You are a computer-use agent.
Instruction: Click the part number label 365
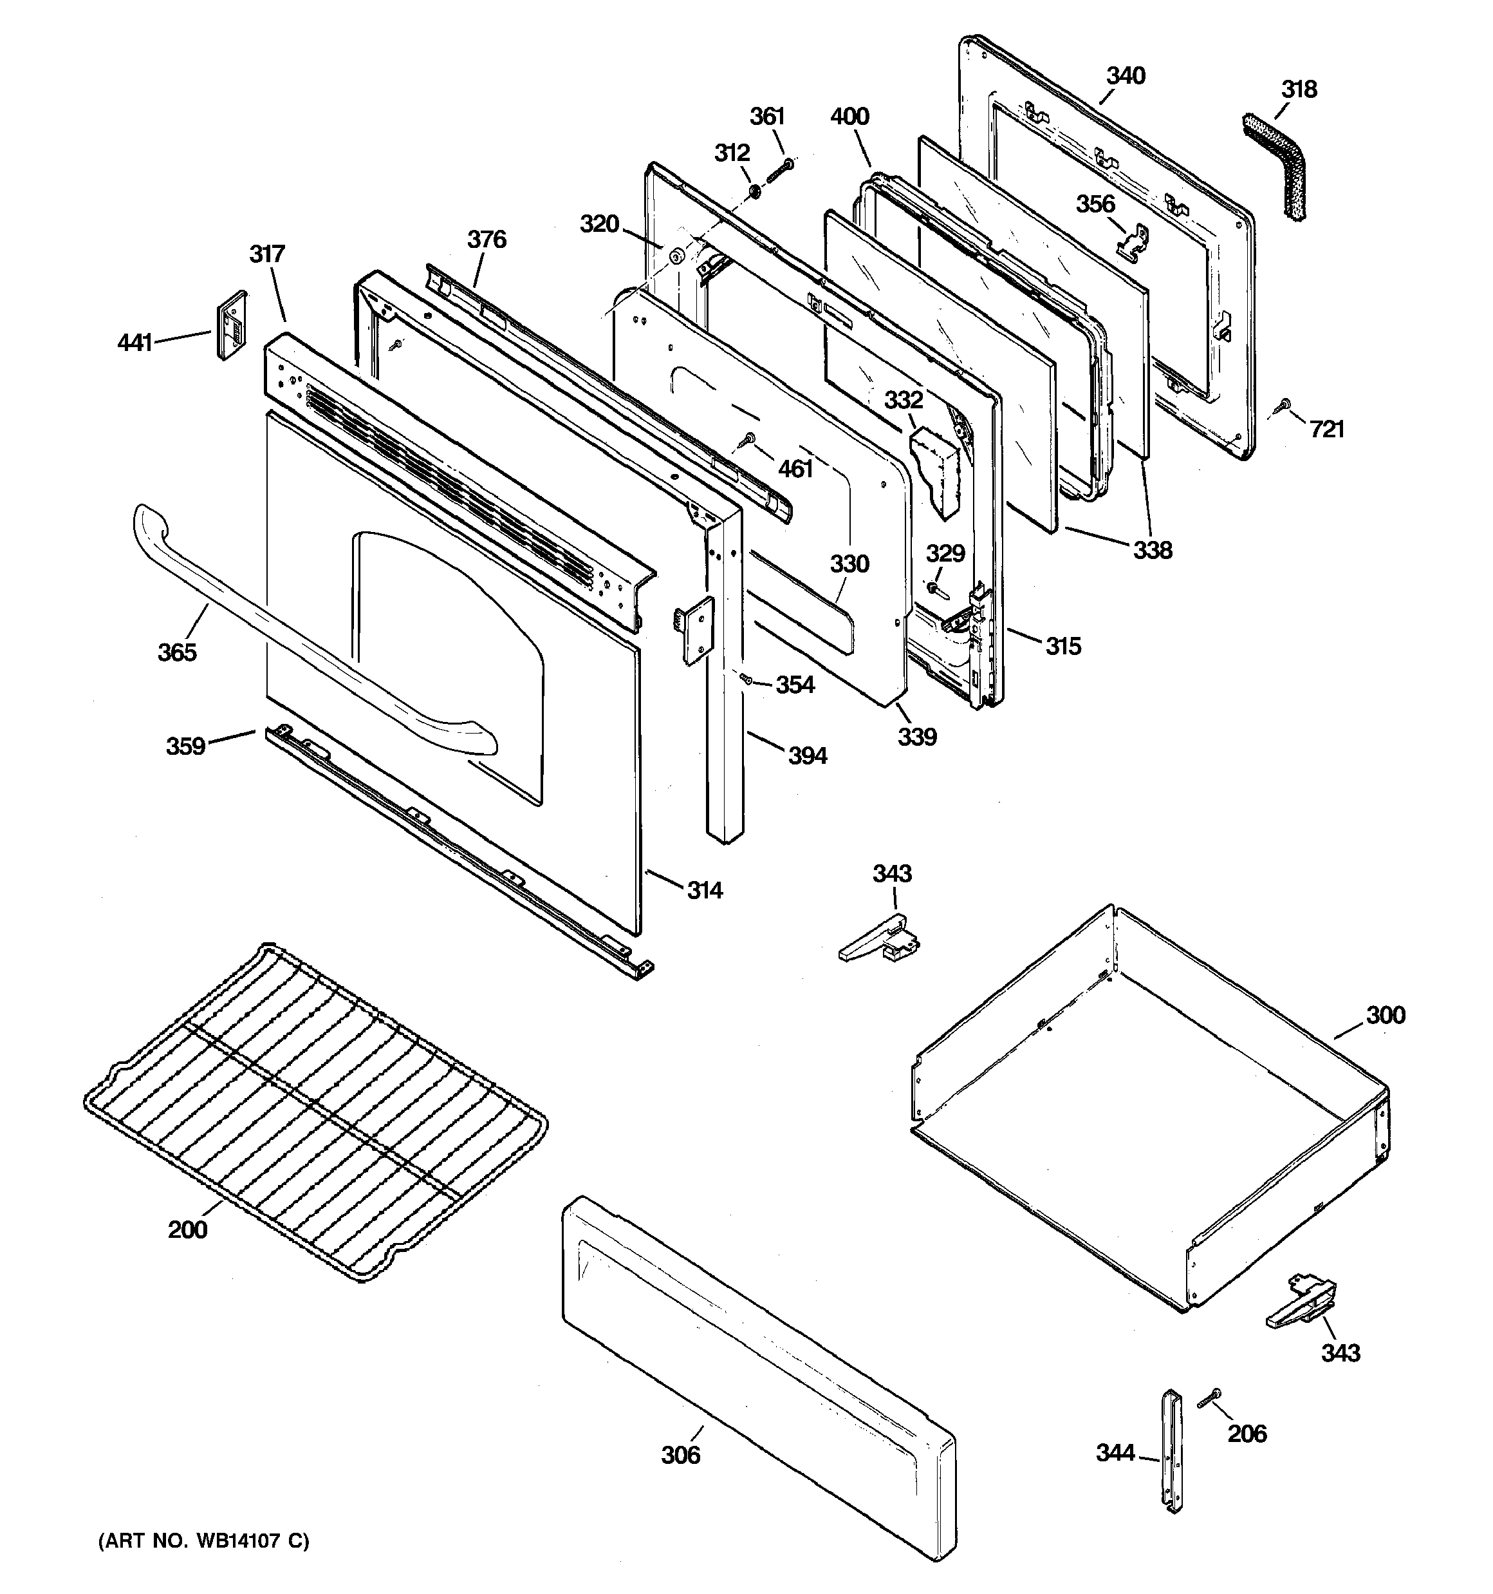pos(176,652)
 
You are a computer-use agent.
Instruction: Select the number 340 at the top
pos(1126,76)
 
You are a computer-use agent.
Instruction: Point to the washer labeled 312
pos(754,193)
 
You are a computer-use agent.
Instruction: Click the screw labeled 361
pos(781,170)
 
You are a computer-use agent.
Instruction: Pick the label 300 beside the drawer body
pos(1386,1015)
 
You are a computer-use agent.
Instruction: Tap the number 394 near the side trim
pos(807,755)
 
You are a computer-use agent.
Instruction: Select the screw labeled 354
pos(745,679)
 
